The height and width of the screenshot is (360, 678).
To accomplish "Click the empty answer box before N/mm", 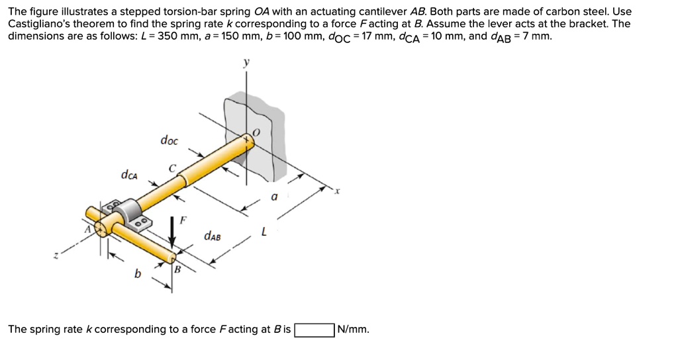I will (x=315, y=330).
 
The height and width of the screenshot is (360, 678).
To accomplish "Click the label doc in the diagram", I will (x=169, y=140).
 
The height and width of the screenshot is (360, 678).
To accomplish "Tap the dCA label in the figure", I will (x=129, y=175).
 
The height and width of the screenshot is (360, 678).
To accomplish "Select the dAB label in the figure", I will (x=213, y=235).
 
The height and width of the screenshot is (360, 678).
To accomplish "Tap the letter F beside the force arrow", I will (x=184, y=218).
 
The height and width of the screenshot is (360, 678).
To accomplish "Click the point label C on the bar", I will (x=172, y=169).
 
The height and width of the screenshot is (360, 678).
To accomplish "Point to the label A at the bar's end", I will (x=86, y=229).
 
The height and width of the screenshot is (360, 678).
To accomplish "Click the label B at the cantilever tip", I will (x=177, y=269).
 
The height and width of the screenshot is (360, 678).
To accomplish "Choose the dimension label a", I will (x=274, y=197).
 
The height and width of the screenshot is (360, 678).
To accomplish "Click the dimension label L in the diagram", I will (x=264, y=232).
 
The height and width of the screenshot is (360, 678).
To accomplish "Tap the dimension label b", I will (x=138, y=274).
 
